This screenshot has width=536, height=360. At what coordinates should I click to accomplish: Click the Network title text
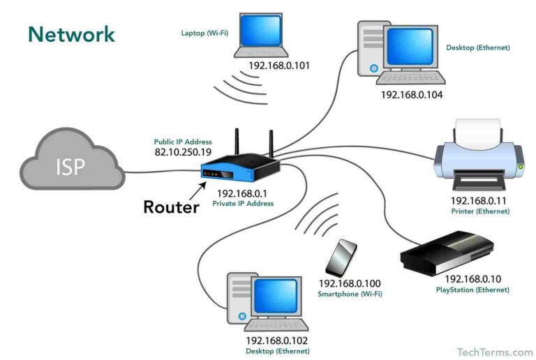(71, 34)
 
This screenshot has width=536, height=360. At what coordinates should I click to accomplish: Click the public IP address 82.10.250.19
(184, 151)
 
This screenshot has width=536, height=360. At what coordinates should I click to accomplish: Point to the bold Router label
(171, 207)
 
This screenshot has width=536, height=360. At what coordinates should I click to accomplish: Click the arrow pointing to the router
(198, 189)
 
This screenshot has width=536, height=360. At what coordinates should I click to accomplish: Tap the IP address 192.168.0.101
(278, 66)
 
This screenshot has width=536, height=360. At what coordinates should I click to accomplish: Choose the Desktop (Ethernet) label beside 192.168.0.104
(477, 48)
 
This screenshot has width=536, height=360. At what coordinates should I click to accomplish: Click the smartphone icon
(341, 258)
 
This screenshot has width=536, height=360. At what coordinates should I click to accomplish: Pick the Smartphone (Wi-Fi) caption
(350, 294)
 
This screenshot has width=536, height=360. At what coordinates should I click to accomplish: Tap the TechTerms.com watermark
(494, 352)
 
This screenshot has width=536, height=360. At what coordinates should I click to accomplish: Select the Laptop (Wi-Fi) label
(202, 33)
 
